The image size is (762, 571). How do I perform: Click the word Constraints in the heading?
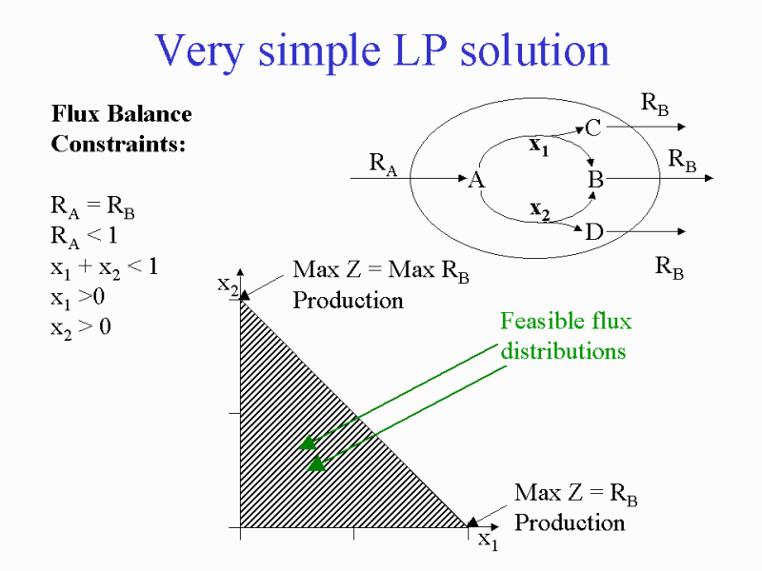(118, 144)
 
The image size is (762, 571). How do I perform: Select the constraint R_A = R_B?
(92, 207)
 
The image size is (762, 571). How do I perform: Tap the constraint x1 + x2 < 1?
(105, 268)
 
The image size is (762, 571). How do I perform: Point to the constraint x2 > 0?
(81, 328)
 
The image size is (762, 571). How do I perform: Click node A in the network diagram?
(477, 180)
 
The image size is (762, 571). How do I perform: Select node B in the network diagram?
(596, 180)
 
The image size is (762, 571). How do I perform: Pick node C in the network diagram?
(593, 128)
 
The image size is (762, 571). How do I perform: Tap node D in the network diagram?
(594, 232)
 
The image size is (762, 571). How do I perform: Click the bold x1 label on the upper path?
(539, 146)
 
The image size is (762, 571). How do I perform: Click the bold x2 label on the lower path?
(540, 210)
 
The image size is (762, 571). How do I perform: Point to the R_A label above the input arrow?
(383, 164)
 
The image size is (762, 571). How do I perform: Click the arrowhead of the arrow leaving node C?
(682, 127)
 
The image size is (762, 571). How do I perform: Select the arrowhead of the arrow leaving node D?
(682, 231)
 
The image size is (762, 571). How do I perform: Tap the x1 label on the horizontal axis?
(489, 541)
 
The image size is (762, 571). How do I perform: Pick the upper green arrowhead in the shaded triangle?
(308, 443)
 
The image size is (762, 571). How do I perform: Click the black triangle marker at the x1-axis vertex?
(472, 522)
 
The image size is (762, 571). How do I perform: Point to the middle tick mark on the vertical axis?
(234, 414)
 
